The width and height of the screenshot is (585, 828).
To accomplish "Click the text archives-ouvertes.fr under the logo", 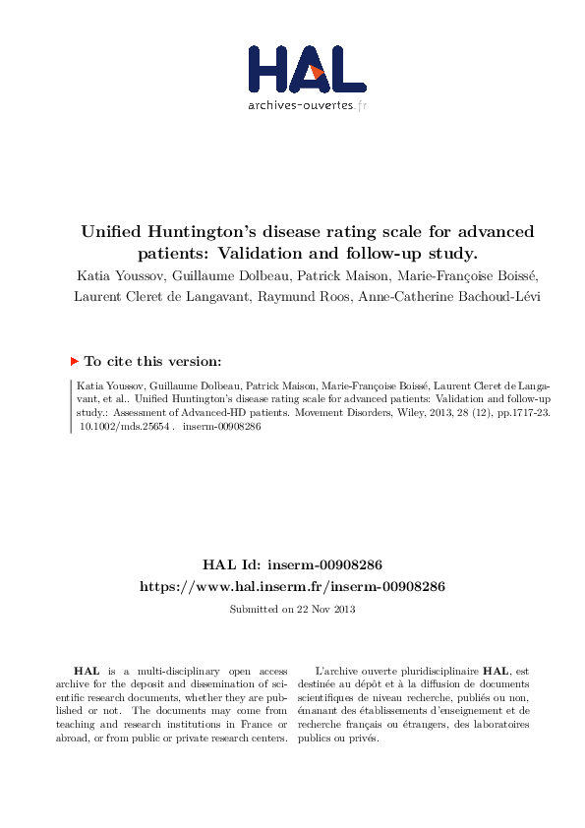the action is (x=307, y=104).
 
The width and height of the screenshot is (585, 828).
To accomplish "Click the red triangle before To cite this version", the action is (x=75, y=362).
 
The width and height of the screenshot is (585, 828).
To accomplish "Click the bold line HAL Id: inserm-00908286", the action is (x=292, y=565).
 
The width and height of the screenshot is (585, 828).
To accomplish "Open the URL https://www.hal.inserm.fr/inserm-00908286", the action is (x=292, y=586).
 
